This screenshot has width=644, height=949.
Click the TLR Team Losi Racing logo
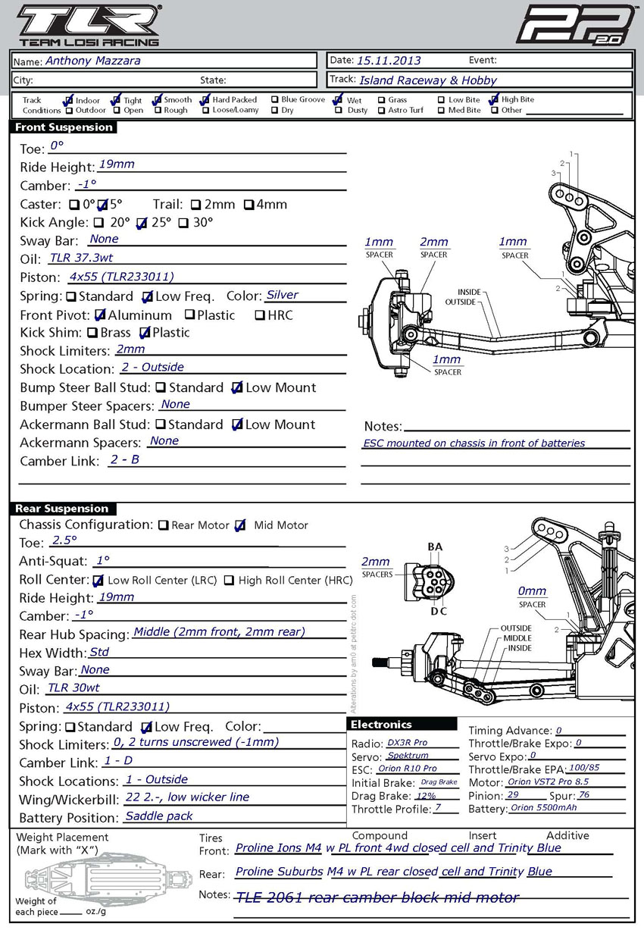[89, 26]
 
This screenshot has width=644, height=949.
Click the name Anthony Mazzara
[92, 61]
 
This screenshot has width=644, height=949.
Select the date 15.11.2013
[389, 61]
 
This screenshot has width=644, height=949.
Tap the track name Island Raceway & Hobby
[428, 80]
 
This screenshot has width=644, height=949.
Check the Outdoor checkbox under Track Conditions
[70, 111]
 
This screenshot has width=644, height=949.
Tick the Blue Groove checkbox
[275, 99]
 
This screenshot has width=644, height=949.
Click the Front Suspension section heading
[64, 127]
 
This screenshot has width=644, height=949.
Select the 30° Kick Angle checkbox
[183, 223]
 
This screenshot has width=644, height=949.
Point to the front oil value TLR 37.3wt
[81, 258]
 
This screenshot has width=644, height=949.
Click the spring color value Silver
[282, 295]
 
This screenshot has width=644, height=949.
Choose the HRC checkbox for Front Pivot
[260, 315]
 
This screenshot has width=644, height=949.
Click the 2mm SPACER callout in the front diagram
[434, 247]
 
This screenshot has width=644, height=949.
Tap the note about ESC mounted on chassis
[474, 443]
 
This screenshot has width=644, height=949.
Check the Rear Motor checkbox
[163, 525]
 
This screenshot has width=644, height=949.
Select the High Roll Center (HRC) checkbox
[229, 581]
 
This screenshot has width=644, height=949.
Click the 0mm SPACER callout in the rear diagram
[532, 597]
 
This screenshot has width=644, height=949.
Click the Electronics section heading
[402, 725]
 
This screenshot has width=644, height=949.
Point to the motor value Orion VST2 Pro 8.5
[548, 781]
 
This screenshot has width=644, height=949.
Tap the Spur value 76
[584, 794]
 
